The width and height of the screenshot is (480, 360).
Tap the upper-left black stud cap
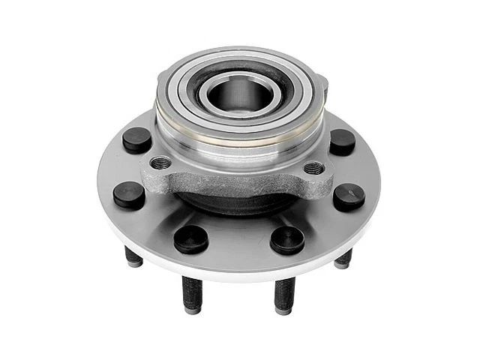pos(137,139)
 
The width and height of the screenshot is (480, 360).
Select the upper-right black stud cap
pos(342,141)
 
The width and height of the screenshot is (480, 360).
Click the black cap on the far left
pos(129,194)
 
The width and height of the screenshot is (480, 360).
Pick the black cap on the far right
pos(349,196)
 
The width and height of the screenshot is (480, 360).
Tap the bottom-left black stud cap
pos(190,238)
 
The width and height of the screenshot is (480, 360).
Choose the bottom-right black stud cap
pos(287,239)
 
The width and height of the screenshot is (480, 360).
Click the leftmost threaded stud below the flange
pos(133,257)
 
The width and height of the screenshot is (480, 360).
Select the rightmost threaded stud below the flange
pos(343,259)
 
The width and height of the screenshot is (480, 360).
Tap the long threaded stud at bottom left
pos(190,294)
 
